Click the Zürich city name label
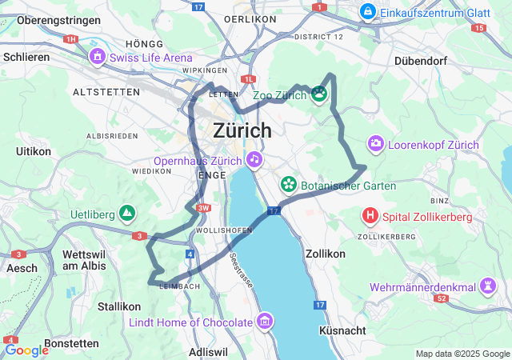pos(242,130)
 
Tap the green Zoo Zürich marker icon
pos(320,95)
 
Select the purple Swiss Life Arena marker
pos(98,58)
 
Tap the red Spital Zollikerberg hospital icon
pos(370,216)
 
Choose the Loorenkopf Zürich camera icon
pos(375,145)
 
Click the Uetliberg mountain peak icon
pos(126,214)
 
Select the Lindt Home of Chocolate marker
pos(265,322)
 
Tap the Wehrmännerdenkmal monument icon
pos(487,287)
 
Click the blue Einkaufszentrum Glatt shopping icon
pos(367,11)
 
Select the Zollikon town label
pos(325,253)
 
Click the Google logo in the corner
pos(26,350)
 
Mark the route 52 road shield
pos(441,298)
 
